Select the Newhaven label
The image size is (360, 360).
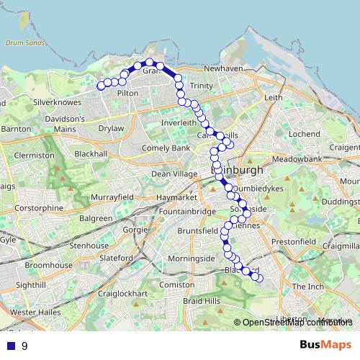point(222,68)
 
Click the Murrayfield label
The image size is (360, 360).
point(112,197)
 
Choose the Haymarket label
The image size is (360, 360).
point(178,197)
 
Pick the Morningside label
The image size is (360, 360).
point(192,258)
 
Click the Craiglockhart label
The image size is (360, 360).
point(122,294)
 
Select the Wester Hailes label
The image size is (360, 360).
point(34,312)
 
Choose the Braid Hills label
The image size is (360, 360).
point(201,300)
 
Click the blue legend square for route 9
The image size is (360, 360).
point(11,346)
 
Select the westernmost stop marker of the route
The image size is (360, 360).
point(102,86)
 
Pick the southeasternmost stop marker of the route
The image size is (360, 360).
point(259,278)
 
